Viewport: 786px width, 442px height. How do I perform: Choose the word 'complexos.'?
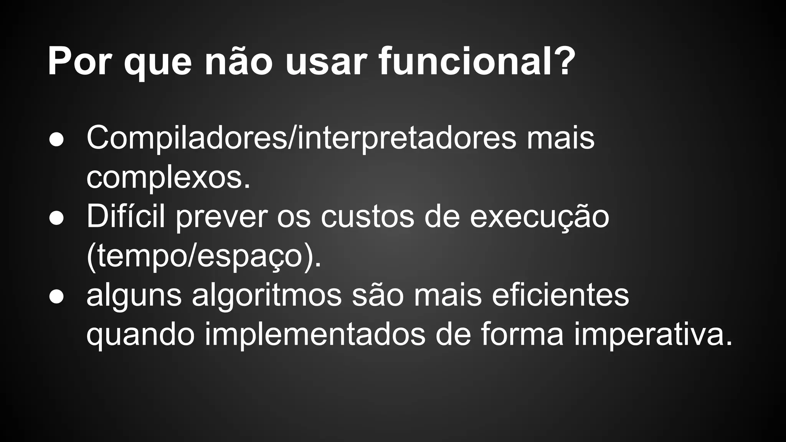168,178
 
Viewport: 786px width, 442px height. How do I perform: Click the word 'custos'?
368,217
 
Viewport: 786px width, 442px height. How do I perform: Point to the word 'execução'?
540,217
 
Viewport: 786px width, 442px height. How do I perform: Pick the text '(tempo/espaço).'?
204,257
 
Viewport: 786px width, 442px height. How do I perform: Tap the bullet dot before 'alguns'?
56,297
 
